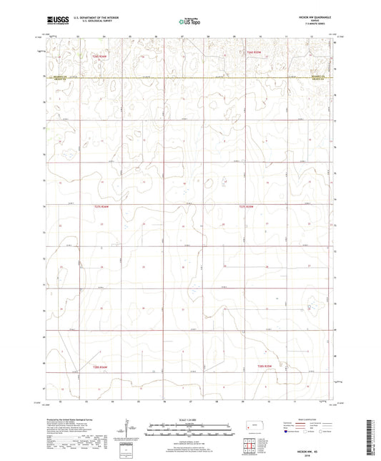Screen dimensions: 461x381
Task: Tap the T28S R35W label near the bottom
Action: tap(266, 365)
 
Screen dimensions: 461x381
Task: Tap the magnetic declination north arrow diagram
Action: tap(127, 427)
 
